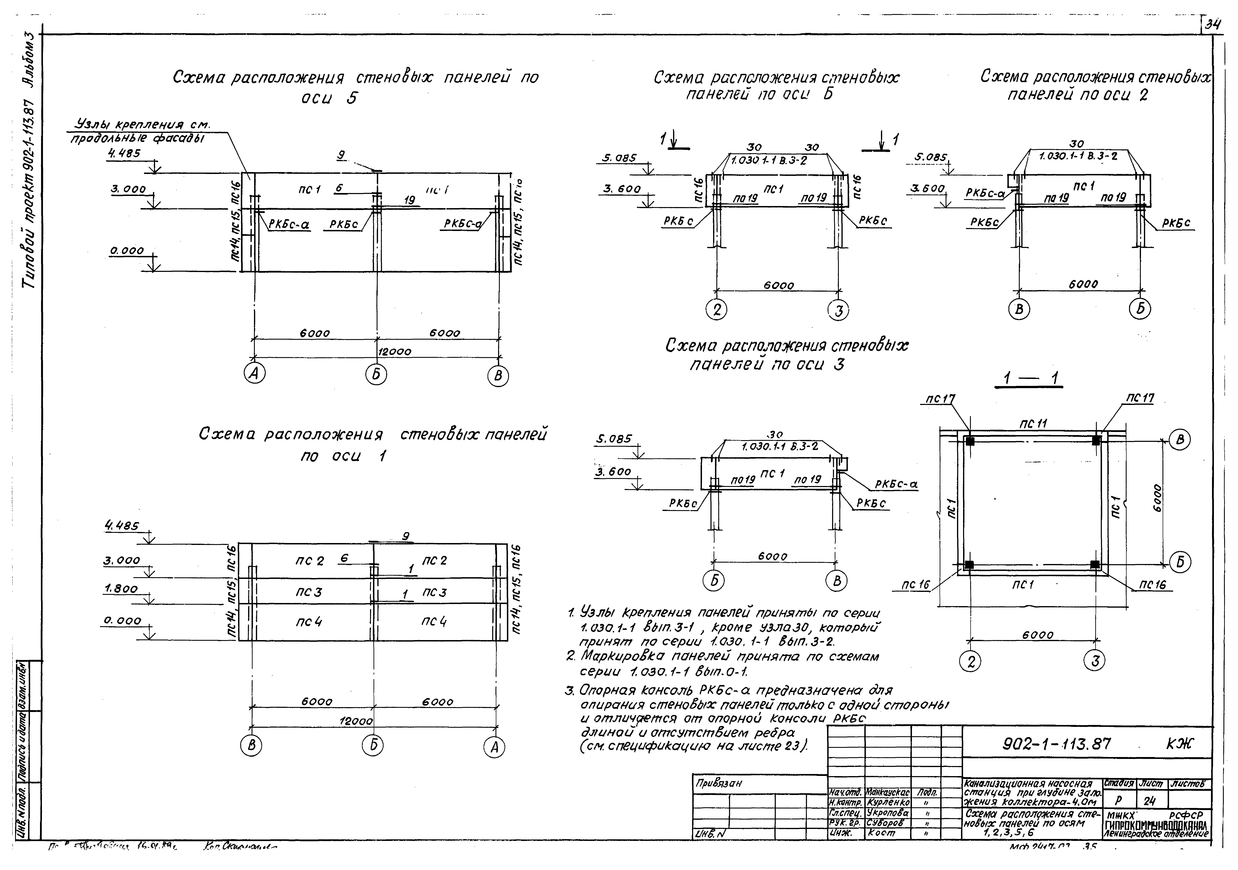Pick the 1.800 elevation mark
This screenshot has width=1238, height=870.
click(x=121, y=588)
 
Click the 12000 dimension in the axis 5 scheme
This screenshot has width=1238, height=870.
click(x=394, y=352)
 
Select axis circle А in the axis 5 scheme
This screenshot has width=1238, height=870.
click(x=254, y=374)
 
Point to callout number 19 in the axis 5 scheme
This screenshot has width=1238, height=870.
click(x=410, y=200)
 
